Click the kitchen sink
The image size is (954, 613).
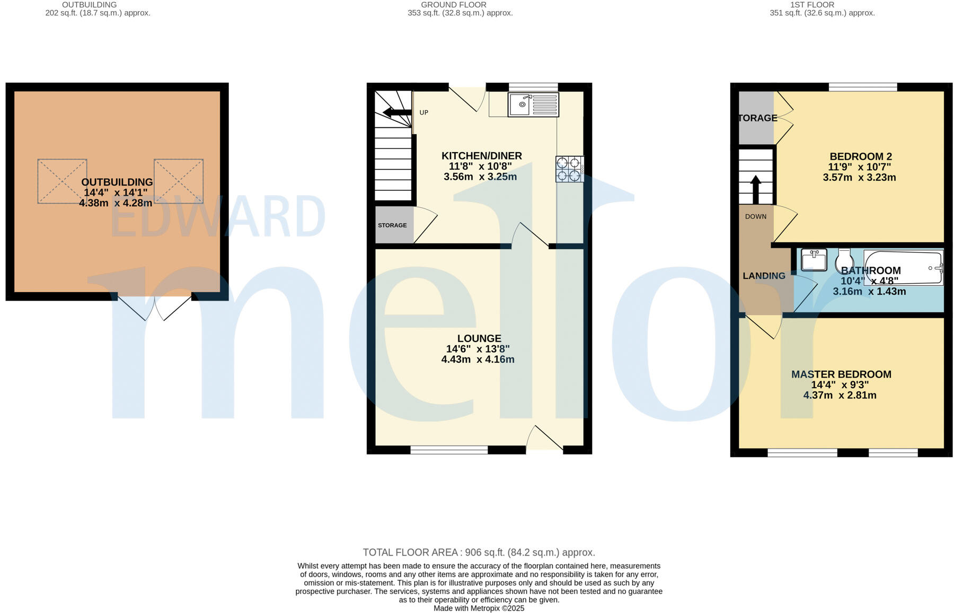click(533, 104)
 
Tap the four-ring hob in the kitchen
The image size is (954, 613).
click(569, 169)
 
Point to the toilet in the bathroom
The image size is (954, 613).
click(844, 260)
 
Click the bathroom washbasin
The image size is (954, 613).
click(814, 259)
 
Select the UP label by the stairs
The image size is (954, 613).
click(424, 112)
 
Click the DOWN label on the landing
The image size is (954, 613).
click(756, 216)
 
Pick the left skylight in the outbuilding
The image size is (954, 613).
click(62, 181)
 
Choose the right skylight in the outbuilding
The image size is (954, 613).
click(179, 181)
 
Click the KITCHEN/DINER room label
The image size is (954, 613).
click(482, 156)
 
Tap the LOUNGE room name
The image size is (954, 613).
click(479, 338)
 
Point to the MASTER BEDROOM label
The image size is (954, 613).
click(841, 374)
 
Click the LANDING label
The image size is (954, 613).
click(764, 276)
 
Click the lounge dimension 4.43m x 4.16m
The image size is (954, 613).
click(478, 360)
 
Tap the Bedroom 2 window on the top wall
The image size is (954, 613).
click(863, 87)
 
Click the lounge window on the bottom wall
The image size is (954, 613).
click(449, 450)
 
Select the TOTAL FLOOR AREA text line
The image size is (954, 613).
click(479, 553)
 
